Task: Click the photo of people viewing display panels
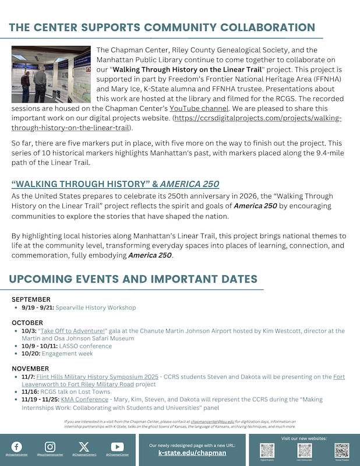pyautogui.click(x=51, y=74)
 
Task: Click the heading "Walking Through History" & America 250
pyautogui.click(x=115, y=184)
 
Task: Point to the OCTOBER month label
pyautogui.click(x=27, y=322)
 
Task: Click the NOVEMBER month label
pyautogui.click(x=30, y=369)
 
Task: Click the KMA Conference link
pyautogui.click(x=78, y=400)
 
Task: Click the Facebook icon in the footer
pyautogui.click(x=17, y=447)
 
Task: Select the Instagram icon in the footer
pyautogui.click(x=50, y=447)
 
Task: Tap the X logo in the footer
pyautogui.click(x=84, y=447)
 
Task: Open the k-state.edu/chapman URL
pyautogui.click(x=192, y=453)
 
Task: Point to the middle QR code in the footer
pyautogui.click(x=304, y=450)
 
